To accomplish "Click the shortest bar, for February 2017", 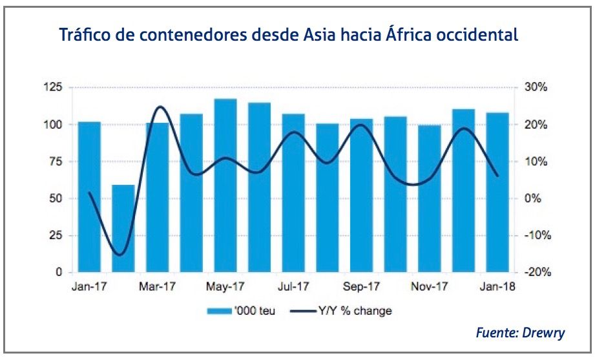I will [x=123, y=229].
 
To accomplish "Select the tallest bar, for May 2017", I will [x=225, y=185].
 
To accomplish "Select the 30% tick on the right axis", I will [x=536, y=87].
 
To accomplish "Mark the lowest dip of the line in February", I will [x=119, y=255].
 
